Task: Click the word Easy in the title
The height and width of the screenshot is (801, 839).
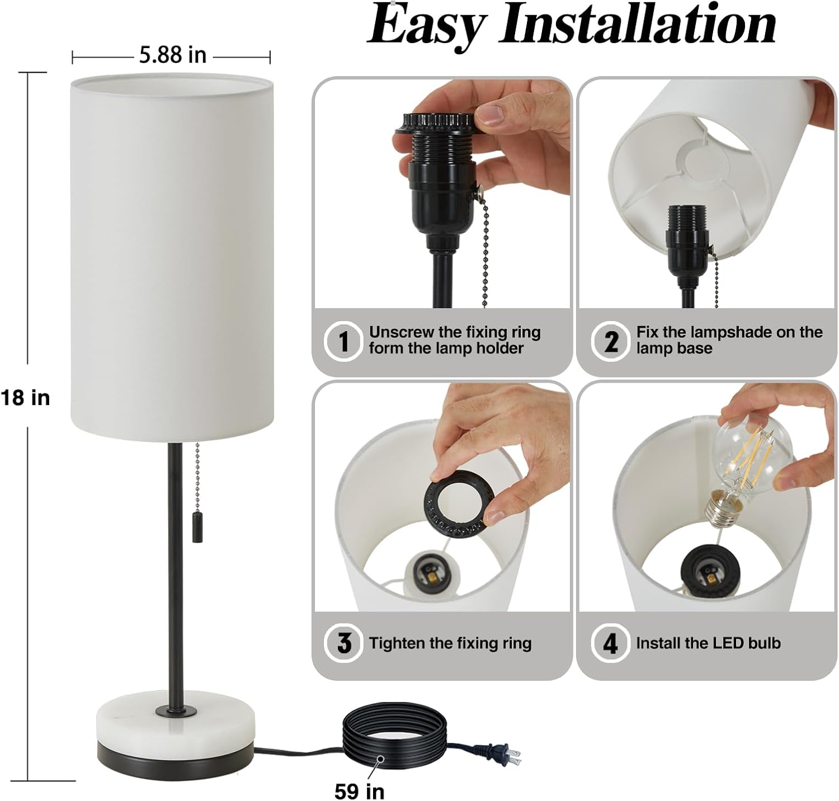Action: [x=426, y=26]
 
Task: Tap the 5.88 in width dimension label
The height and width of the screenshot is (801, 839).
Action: [x=173, y=55]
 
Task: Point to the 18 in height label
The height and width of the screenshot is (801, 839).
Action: [x=26, y=398]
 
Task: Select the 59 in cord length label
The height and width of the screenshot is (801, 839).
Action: [x=360, y=791]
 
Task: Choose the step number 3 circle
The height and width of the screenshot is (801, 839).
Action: [x=343, y=643]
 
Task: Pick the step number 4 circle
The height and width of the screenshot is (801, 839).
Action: [x=611, y=643]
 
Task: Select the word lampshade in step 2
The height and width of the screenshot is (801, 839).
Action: [x=731, y=332]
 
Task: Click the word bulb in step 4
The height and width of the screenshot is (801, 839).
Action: [x=764, y=643]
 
